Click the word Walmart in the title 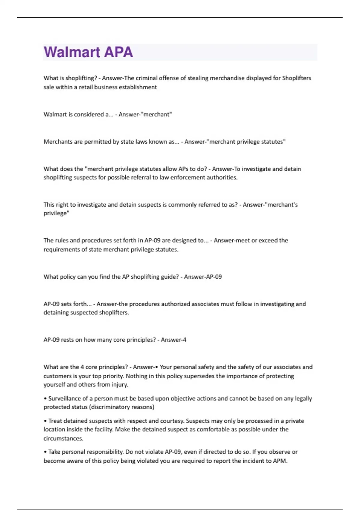[72, 52]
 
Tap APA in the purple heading [118, 52]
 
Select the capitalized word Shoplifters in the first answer [296, 78]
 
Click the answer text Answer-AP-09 [203, 277]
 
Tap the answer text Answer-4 [173, 340]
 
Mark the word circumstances [63, 438]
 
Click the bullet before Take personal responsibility [45, 452]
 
